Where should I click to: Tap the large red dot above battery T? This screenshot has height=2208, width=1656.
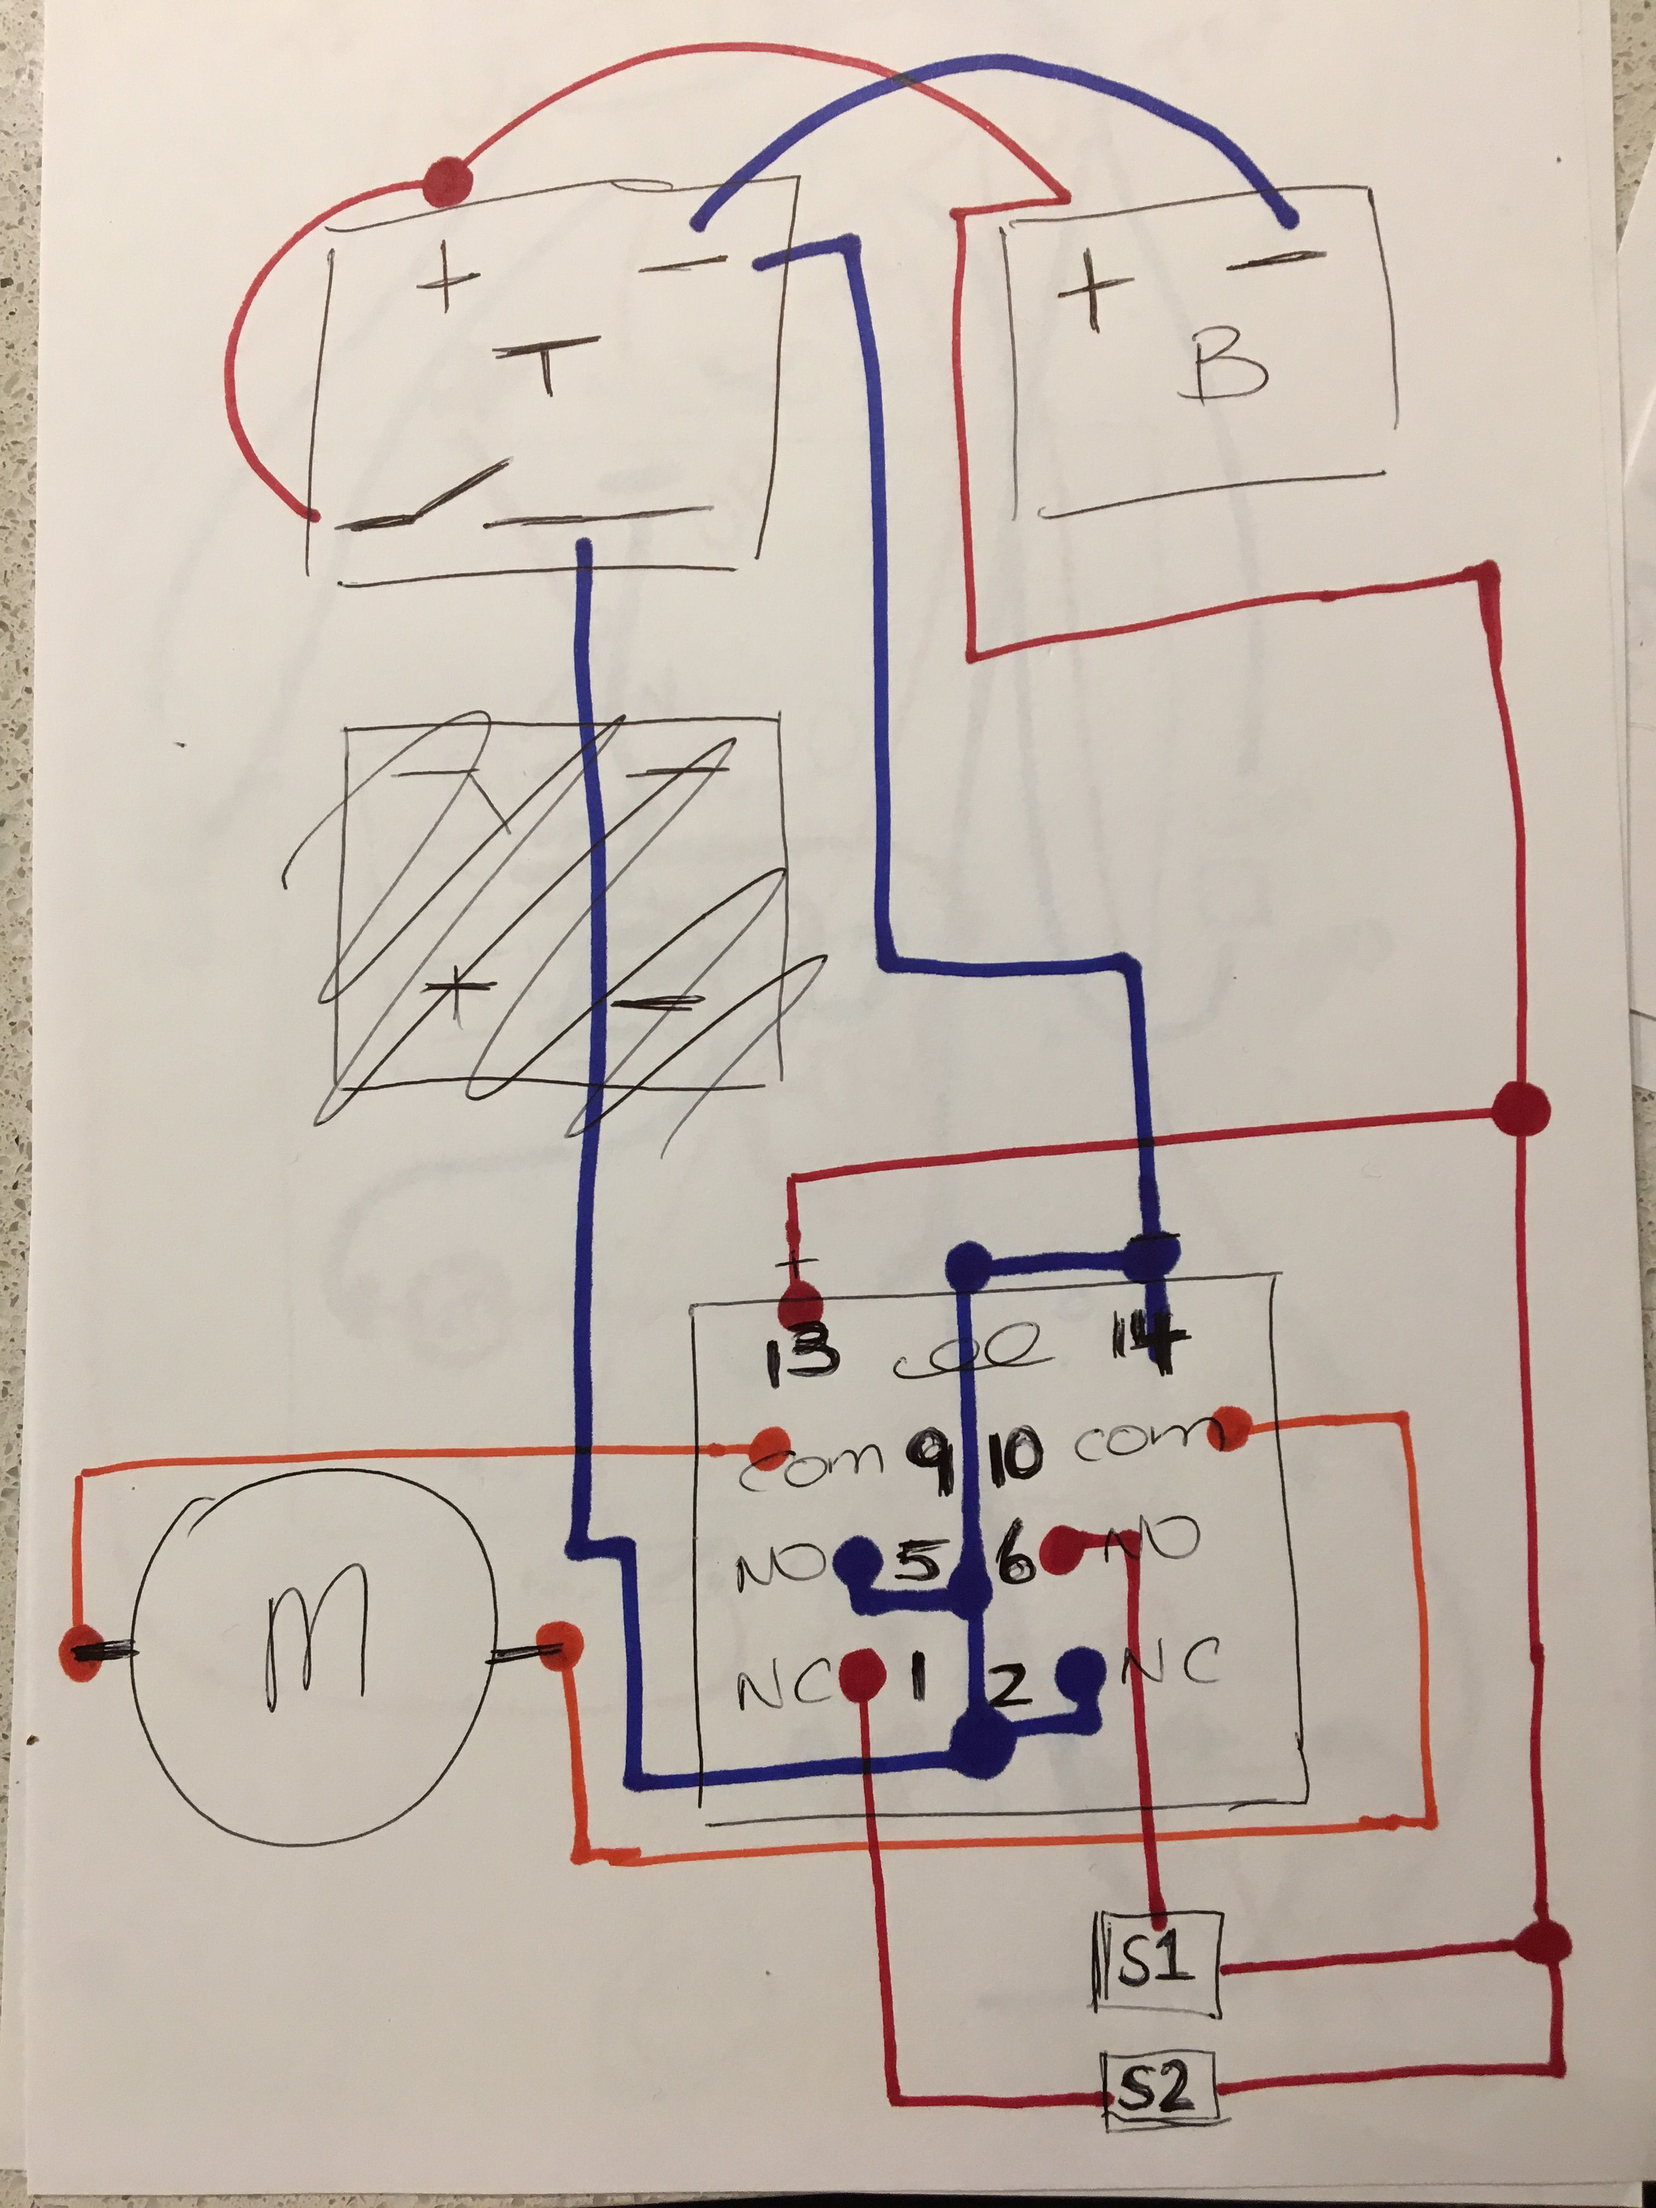(x=446, y=183)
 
